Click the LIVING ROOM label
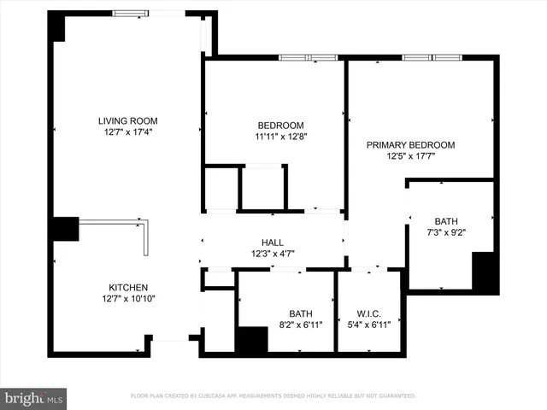pyautogui.click(x=127, y=120)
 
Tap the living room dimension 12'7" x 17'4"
pyautogui.click(x=127, y=132)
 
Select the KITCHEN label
pyautogui.click(x=128, y=287)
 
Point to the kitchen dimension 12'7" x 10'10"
pyautogui.click(x=128, y=298)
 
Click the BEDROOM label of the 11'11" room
pyautogui.click(x=281, y=124)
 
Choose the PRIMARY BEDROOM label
pyautogui.click(x=410, y=145)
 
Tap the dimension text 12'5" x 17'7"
pyautogui.click(x=410, y=156)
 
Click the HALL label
pyautogui.click(x=273, y=242)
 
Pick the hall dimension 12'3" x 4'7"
pyautogui.click(x=273, y=253)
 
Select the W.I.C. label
pyautogui.click(x=369, y=313)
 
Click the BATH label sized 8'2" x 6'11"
pyautogui.click(x=301, y=313)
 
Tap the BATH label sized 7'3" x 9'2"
pyautogui.click(x=445, y=220)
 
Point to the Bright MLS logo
pyautogui.click(x=34, y=398)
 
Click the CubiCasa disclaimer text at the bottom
pyautogui.click(x=273, y=396)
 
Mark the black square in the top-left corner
pyautogui.click(x=57, y=27)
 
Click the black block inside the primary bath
pyautogui.click(x=485, y=272)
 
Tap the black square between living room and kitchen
pyautogui.click(x=62, y=229)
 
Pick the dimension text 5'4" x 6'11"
pyautogui.click(x=369, y=325)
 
